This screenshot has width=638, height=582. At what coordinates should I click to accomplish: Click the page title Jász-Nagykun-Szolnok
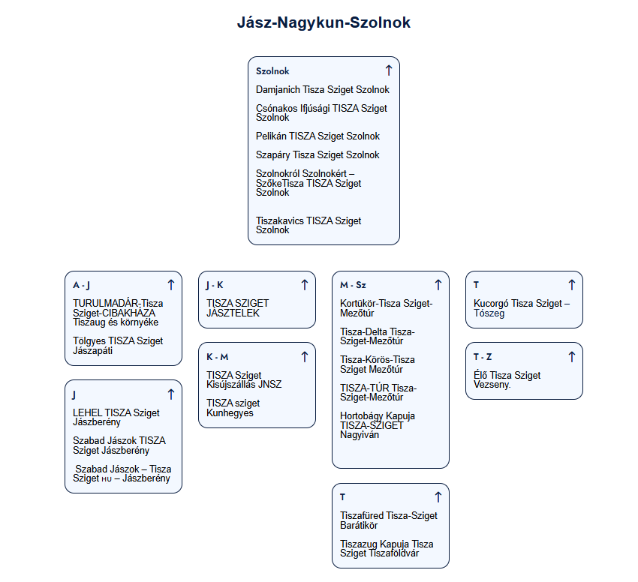(324, 22)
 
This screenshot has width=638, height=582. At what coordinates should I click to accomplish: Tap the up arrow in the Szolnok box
(389, 70)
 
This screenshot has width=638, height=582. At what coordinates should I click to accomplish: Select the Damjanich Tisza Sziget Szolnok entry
(322, 89)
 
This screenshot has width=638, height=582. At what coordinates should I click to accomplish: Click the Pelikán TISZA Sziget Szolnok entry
(317, 136)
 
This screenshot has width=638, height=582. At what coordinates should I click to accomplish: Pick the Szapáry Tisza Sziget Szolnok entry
(317, 155)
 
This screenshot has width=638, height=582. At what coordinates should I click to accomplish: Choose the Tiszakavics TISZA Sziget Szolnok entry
(308, 225)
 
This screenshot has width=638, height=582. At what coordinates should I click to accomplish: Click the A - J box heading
(81, 285)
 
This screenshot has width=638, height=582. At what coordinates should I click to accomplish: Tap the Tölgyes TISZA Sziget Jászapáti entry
(118, 346)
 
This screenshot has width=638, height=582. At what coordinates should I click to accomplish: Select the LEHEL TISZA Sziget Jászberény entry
(116, 417)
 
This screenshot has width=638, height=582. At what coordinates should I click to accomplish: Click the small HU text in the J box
(107, 479)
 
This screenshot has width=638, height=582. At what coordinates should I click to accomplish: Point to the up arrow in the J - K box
(304, 285)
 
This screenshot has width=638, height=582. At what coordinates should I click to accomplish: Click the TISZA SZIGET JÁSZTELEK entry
(237, 308)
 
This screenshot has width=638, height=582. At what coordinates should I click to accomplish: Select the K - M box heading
(217, 357)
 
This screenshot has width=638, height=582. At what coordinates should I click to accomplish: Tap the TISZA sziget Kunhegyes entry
(233, 408)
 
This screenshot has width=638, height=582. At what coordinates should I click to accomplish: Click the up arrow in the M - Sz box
(438, 285)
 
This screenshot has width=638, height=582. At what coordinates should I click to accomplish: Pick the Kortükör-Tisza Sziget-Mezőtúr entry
(386, 308)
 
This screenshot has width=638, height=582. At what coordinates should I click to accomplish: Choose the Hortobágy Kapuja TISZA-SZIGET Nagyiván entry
(378, 425)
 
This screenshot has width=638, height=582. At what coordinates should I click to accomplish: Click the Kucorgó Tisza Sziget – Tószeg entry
(522, 308)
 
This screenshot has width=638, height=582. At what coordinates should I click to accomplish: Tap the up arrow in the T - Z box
(572, 357)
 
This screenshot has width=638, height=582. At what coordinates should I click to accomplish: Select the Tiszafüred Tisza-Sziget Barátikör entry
(389, 520)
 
